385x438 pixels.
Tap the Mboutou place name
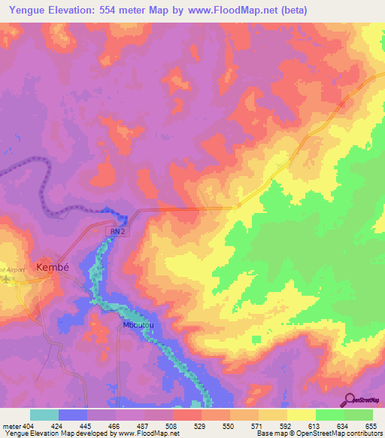[138, 325]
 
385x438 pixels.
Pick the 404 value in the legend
[28, 425]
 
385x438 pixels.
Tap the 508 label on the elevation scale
[173, 425]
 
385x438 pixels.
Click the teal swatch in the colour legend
[44, 415]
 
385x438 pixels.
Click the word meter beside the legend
[11, 425]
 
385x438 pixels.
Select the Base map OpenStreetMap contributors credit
[319, 433]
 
